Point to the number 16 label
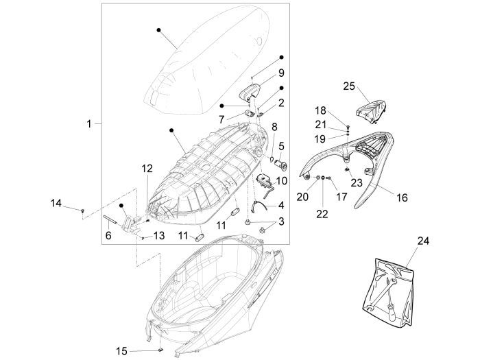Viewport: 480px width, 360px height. (x=402, y=197)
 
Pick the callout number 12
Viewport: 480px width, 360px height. (x=147, y=168)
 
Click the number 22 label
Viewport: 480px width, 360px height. (x=322, y=214)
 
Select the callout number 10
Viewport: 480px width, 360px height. (x=281, y=180)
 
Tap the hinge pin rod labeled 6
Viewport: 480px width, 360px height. (x=112, y=220)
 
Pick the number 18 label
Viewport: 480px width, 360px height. (x=320, y=110)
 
